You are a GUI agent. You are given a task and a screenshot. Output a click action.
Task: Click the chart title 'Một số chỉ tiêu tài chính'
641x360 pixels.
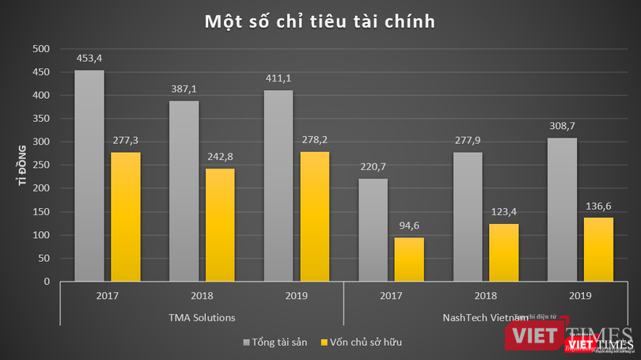[x=320, y=21]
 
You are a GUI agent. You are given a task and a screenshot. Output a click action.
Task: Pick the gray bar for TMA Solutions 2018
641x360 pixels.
[x=184, y=191]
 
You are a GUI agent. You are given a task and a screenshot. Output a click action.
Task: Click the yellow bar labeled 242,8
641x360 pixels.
[x=219, y=225]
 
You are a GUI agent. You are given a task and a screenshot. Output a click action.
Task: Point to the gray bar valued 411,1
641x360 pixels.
[x=278, y=186]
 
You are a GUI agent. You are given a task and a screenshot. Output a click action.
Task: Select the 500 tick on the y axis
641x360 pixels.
[x=40, y=49]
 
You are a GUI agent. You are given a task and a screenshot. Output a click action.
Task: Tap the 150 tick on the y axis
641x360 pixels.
[x=40, y=212]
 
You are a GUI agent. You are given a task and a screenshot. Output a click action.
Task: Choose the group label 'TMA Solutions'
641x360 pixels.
[x=202, y=316]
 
